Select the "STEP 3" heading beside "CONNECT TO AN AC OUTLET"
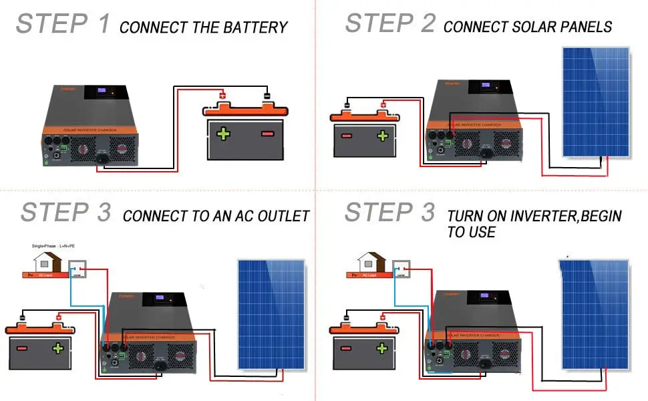65,213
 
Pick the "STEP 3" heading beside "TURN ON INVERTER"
390,213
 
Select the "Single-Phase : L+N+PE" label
53,246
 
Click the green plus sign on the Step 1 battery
222,134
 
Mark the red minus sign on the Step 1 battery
267,134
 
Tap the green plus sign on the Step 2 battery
382,136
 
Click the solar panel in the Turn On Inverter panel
596,314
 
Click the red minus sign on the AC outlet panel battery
22,348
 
